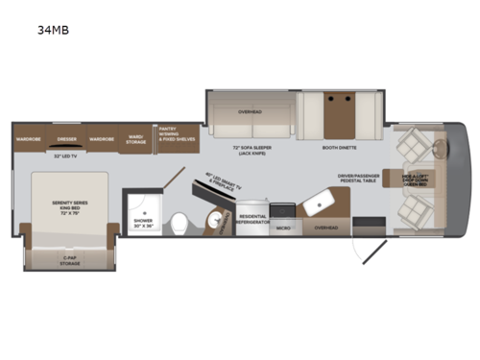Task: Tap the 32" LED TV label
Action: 66,156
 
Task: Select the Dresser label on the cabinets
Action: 66,138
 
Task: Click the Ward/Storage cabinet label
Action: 135,140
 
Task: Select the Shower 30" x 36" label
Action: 141,222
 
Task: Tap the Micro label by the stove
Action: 283,228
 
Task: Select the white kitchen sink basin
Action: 316,201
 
